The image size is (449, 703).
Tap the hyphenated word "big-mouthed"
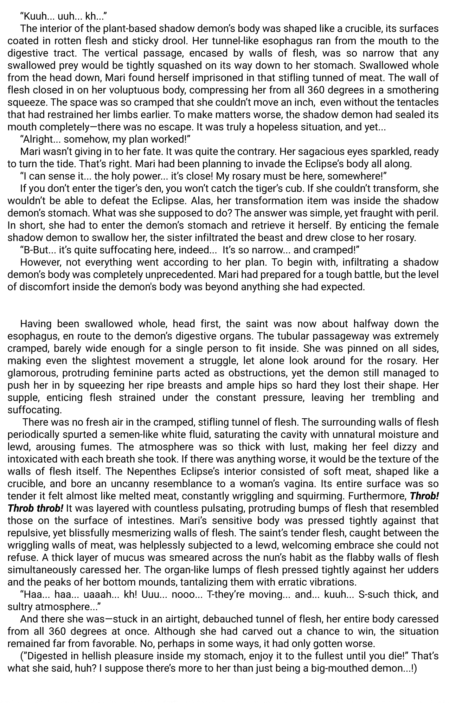[x=325, y=668]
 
